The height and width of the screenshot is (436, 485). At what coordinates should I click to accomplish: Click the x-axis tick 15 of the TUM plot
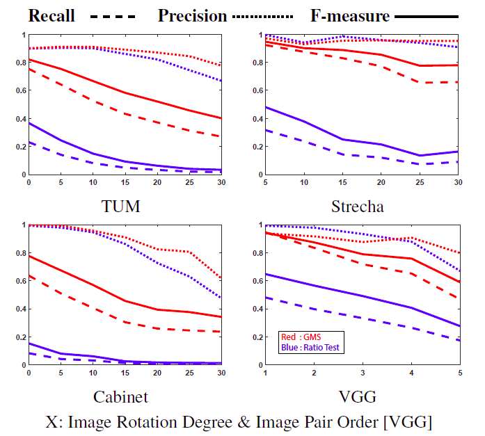125,182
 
